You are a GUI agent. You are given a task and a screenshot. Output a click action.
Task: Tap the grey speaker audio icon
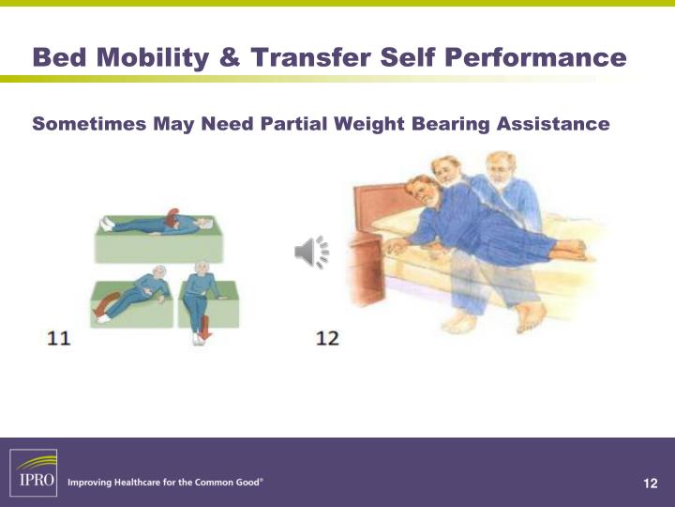pyautogui.click(x=311, y=253)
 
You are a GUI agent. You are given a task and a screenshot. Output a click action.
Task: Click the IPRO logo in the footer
pyautogui.click(x=34, y=472)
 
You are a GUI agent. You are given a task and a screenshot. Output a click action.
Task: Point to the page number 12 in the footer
pyautogui.click(x=651, y=484)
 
